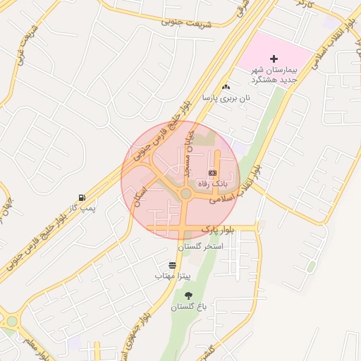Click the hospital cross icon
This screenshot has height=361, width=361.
[x=274, y=58]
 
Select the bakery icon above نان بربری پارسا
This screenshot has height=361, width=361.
[x=226, y=87]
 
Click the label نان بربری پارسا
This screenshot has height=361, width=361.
[x=226, y=99]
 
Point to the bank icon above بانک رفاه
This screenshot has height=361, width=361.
[x=212, y=173]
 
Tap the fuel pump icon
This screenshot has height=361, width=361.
[x=84, y=197]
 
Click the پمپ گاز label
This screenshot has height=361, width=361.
[x=82, y=209]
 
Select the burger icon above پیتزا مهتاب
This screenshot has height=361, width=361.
[x=173, y=265]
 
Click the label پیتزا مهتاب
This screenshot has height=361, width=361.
[x=169, y=276]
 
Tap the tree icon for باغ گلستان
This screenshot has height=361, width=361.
[x=188, y=296]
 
